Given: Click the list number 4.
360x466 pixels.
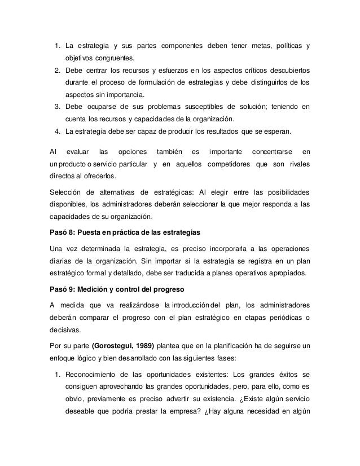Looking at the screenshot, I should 57,133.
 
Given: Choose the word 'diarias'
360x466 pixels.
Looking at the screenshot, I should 62,262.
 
